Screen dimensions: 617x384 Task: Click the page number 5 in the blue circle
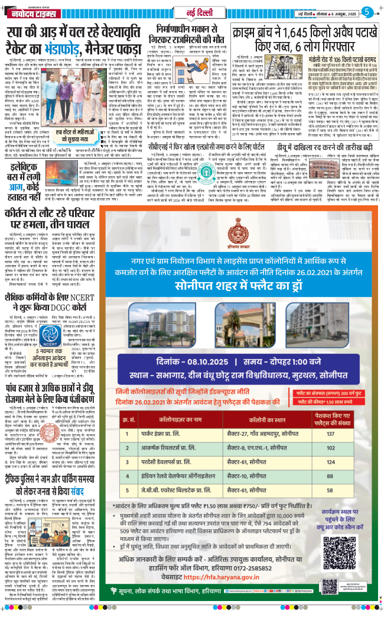367,12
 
